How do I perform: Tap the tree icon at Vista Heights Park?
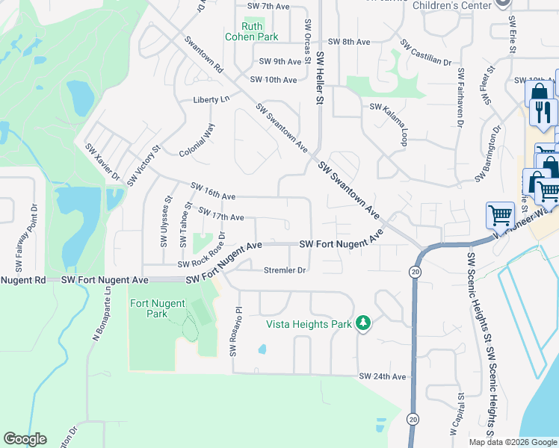click(x=363, y=323)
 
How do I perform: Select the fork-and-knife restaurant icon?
click(x=543, y=113)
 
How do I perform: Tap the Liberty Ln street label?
click(x=211, y=99)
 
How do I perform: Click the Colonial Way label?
click(x=197, y=140)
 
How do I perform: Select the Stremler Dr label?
click(x=284, y=270)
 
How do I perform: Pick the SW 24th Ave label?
click(x=382, y=376)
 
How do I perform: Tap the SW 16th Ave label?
click(x=213, y=190)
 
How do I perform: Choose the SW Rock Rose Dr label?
click(x=202, y=254)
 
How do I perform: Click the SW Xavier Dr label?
click(x=102, y=162)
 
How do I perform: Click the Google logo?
click(x=25, y=439)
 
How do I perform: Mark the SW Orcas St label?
click(x=307, y=37)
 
